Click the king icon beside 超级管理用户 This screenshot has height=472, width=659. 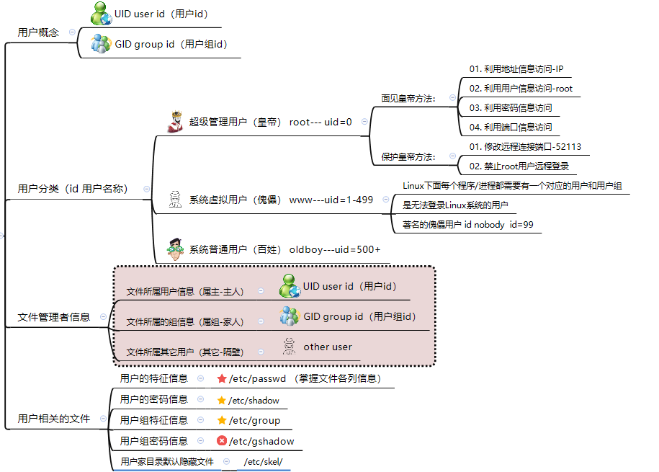pyautogui.click(x=174, y=122)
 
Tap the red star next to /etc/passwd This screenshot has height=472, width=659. pyautogui.click(x=222, y=378)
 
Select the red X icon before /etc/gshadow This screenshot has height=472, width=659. pyautogui.click(x=222, y=441)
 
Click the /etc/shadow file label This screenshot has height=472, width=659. pyautogui.click(x=254, y=401)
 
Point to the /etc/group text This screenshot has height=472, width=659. pyautogui.click(x=254, y=420)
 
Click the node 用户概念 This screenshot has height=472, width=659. pyautogui.click(x=38, y=32)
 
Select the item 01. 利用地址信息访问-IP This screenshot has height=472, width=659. pyautogui.click(x=516, y=69)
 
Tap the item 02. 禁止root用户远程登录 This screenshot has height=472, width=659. pyautogui.click(x=519, y=166)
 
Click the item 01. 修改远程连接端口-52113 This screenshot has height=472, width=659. pyautogui.click(x=525, y=147)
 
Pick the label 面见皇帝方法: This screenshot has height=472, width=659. pyautogui.click(x=408, y=98)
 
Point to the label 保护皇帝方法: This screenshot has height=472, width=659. pyautogui.click(x=408, y=156)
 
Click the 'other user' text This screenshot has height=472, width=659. pyautogui.click(x=328, y=347)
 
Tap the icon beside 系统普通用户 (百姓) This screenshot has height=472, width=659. pyautogui.click(x=174, y=249)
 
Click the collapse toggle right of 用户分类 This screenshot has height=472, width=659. pyautogui.click(x=147, y=189)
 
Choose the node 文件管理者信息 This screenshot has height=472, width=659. pyautogui.click(x=54, y=317)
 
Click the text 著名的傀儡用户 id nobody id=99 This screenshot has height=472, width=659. pyautogui.click(x=467, y=225)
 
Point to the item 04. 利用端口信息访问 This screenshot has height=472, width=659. pyautogui.click(x=511, y=128)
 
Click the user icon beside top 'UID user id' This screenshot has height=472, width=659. pyautogui.click(x=100, y=13)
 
